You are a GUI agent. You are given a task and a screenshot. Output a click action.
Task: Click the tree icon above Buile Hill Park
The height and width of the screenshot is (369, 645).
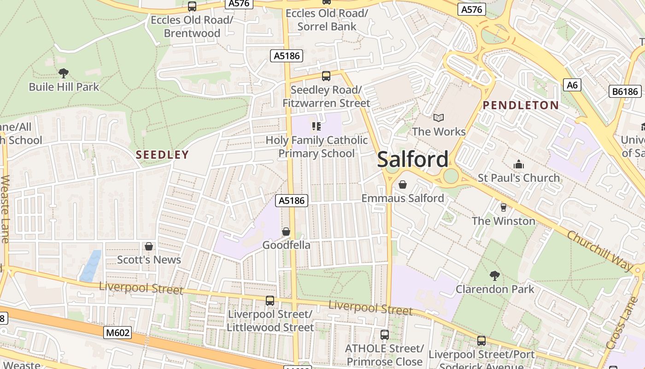tap(64, 73)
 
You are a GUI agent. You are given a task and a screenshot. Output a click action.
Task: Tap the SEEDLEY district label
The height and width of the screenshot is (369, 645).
tap(162, 155)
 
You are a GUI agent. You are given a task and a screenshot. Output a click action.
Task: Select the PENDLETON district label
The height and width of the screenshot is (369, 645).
tap(521, 105)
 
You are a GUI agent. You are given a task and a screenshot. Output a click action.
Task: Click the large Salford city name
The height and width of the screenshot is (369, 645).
tap(412, 160)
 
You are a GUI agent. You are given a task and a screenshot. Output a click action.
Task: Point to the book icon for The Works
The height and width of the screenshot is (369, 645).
tap(439, 118)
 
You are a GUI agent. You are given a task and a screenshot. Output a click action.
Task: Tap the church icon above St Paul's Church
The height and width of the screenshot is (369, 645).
tap(519, 164)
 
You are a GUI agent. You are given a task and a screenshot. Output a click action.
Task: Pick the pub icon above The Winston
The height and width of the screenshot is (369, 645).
tap(503, 208)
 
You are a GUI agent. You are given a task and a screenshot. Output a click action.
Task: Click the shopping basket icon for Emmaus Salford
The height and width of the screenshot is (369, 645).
tap(403, 184)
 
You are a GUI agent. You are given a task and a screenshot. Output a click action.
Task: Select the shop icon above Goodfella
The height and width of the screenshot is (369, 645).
tap(286, 232)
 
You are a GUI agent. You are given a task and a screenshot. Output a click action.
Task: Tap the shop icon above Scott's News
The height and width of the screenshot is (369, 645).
tap(149, 246)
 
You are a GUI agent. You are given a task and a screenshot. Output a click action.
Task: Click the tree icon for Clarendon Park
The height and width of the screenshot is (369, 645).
tap(495, 276)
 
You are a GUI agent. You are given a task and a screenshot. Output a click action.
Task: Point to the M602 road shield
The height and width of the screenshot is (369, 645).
tap(117, 333)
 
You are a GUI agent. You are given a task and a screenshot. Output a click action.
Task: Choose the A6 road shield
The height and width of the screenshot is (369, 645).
tap(572, 85)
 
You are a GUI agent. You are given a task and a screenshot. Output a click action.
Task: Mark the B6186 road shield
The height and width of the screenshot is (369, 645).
tap(625, 91)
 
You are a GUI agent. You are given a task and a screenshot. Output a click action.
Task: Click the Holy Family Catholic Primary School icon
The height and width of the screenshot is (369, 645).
tap(317, 126)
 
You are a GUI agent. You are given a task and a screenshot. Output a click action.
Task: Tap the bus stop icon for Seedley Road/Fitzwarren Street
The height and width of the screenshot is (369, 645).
tap(326, 76)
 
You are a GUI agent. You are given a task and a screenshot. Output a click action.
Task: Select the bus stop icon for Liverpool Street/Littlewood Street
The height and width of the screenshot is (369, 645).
tap(270, 301)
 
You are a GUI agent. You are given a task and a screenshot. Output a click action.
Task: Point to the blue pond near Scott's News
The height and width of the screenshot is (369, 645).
tap(90, 266)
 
